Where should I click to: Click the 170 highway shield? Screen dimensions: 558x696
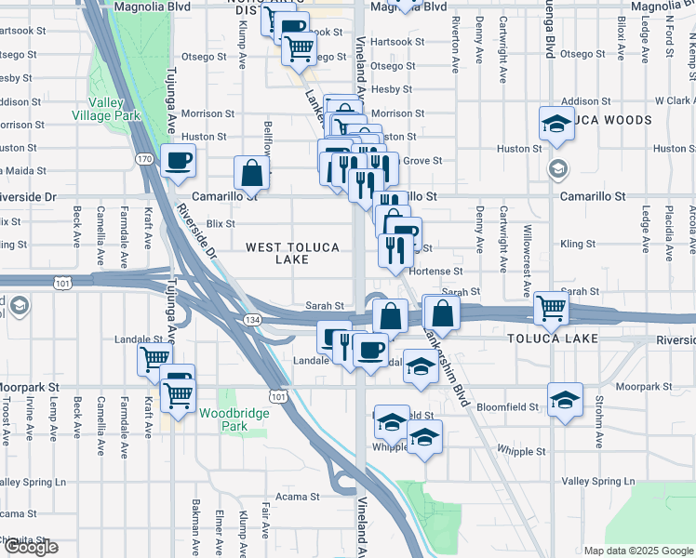pos(144,160)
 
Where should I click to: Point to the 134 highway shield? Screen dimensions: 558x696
pos(252,319)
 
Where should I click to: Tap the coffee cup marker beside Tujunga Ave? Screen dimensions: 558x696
pos(178,161)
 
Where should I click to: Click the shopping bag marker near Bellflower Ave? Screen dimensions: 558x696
pos(251,172)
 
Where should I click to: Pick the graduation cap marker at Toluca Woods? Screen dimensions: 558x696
pos(556,124)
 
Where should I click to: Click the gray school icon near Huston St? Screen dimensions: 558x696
pos(557,168)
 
